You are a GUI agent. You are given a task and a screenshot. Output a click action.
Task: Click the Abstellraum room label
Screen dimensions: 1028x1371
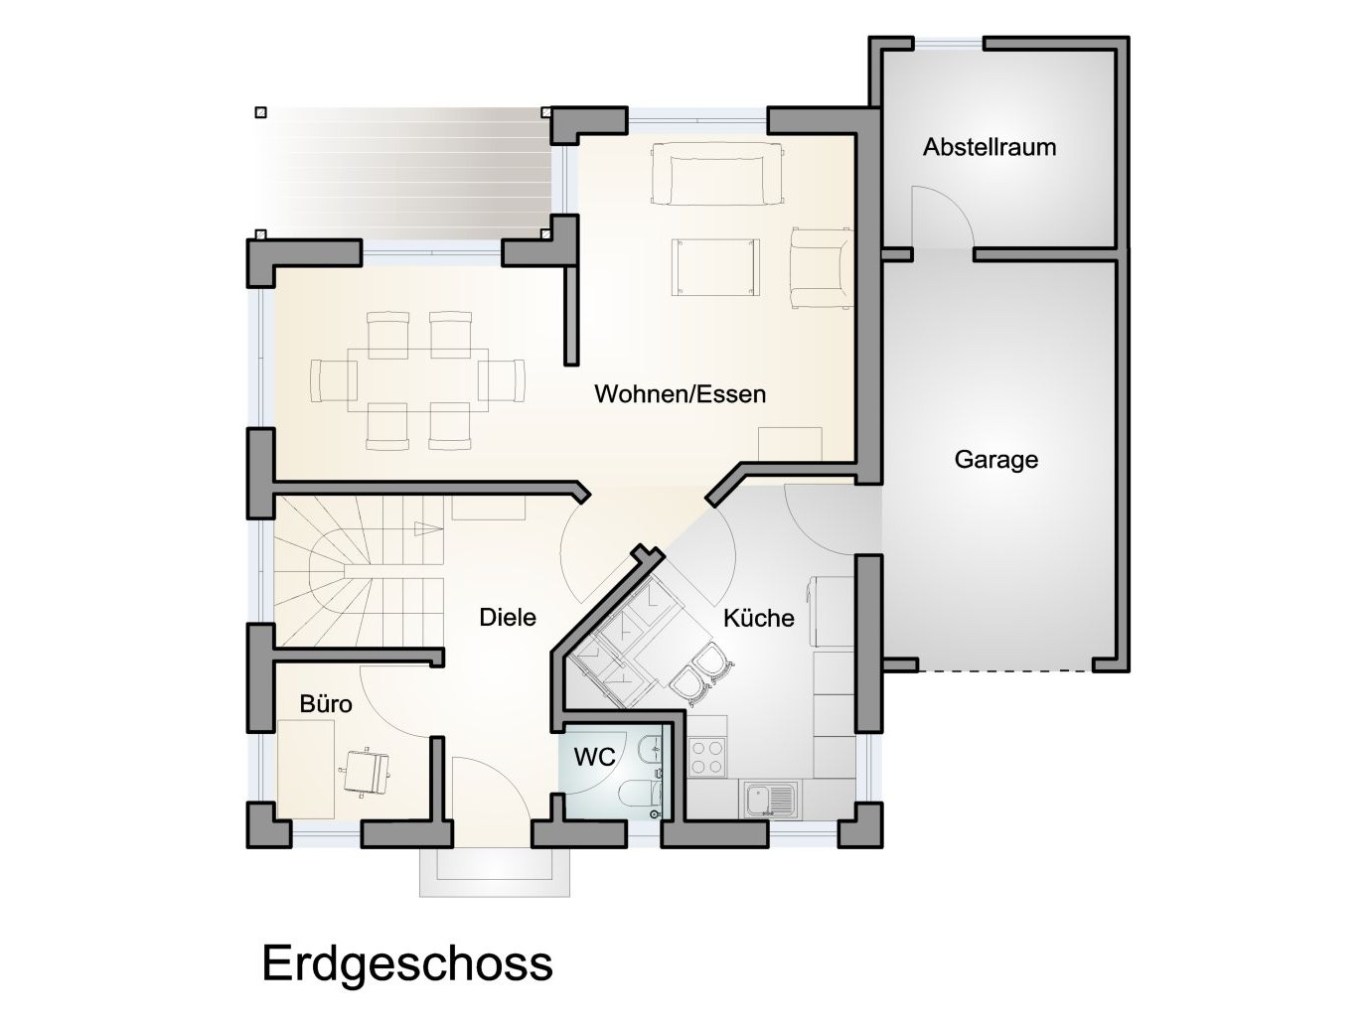click(x=989, y=147)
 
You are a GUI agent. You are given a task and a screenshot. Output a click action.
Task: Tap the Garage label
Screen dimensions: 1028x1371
click(x=995, y=460)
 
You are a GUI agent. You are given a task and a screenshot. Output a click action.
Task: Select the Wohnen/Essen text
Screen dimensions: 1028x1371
click(x=680, y=394)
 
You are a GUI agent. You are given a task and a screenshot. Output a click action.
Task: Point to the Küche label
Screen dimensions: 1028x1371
click(x=758, y=618)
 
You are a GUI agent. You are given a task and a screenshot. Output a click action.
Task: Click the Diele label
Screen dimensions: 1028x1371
click(x=507, y=617)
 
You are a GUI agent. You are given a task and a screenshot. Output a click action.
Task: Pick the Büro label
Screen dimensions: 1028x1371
click(x=326, y=704)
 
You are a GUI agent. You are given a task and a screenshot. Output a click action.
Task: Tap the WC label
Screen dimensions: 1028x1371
click(x=594, y=757)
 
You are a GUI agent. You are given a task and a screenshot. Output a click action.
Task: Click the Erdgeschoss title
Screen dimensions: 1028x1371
click(x=406, y=963)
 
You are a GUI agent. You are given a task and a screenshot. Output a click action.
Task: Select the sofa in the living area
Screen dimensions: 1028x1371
click(x=716, y=174)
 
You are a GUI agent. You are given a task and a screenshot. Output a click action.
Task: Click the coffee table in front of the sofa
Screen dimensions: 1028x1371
click(x=716, y=266)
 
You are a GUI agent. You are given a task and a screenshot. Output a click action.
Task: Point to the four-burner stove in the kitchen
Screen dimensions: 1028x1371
click(x=708, y=758)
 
